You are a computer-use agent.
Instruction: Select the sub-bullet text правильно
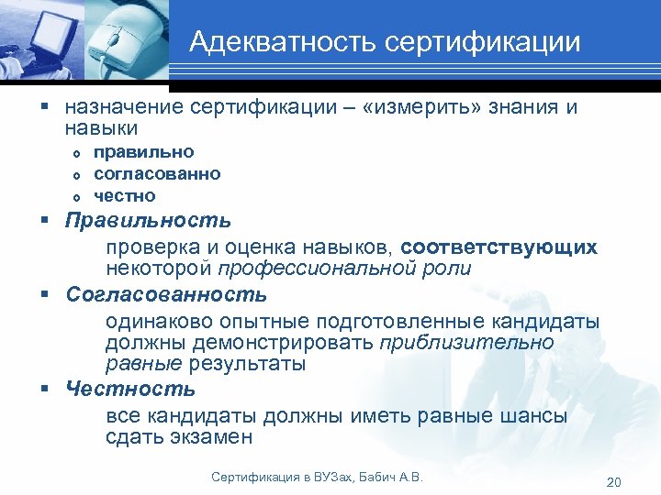click(x=144, y=151)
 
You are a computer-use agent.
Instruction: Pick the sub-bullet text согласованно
click(x=157, y=173)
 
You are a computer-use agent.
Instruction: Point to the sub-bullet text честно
click(x=125, y=195)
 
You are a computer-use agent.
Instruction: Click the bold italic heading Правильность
click(x=149, y=221)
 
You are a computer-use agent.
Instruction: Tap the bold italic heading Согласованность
click(x=166, y=295)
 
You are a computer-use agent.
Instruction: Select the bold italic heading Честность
click(x=130, y=389)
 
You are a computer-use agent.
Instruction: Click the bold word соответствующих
click(x=499, y=247)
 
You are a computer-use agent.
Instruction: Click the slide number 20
click(x=614, y=483)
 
